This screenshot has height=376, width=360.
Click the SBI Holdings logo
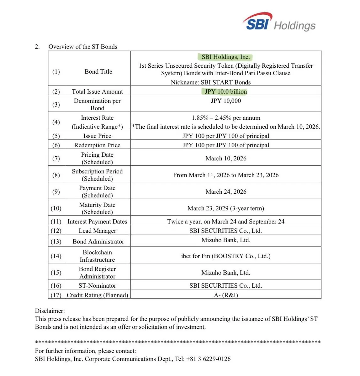pyautogui.click(x=279, y=23)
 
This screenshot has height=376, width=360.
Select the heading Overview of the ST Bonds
pyautogui.click(x=83, y=47)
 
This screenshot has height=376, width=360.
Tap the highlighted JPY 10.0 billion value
pyautogui.click(x=226, y=91)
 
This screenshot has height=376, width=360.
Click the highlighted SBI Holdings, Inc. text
pyautogui.click(x=225, y=57)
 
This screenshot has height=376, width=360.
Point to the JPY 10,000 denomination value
pyautogui.click(x=226, y=101)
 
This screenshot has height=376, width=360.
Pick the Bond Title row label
pyautogui.click(x=98, y=71)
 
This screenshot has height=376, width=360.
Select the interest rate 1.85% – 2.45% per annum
pyautogui.click(x=226, y=118)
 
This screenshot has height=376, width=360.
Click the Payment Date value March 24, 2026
pyautogui.click(x=226, y=191)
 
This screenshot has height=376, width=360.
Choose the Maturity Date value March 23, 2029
pyautogui.click(x=226, y=208)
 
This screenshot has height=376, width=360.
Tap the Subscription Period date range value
pyautogui.click(x=226, y=175)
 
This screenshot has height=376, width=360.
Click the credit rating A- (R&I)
pyautogui.click(x=226, y=295)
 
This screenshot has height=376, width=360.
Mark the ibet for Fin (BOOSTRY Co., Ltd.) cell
pyautogui.click(x=226, y=256)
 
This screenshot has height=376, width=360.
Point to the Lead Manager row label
pyautogui.click(x=97, y=231)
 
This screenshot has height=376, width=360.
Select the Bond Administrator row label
pyautogui.click(x=98, y=242)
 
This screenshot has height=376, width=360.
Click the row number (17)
pyautogui.click(x=56, y=295)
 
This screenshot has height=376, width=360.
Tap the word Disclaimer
pyautogui.click(x=50, y=311)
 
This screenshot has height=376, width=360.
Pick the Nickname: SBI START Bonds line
pyautogui.click(x=211, y=82)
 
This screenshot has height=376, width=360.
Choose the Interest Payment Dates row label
pyautogui.click(x=97, y=222)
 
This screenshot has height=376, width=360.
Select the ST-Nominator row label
pyautogui.click(x=97, y=285)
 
